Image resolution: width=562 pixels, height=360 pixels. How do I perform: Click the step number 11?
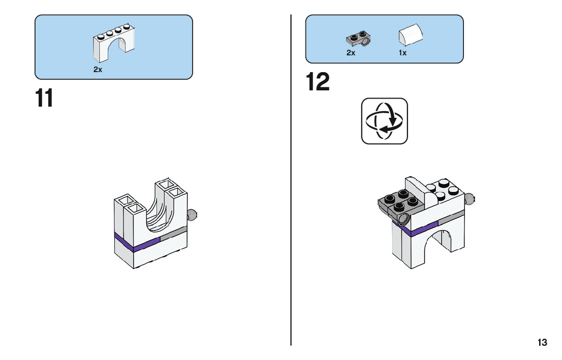point(44,98)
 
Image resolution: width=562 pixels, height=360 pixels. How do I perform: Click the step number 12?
point(318,82)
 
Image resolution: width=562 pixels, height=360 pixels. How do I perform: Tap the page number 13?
point(542,342)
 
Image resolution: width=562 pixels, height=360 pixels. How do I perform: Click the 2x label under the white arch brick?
point(98,70)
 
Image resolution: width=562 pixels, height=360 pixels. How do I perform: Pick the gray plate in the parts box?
point(358,39)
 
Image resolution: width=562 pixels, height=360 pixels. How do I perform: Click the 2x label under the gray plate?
point(351,53)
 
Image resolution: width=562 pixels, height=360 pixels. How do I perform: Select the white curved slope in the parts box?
point(411,35)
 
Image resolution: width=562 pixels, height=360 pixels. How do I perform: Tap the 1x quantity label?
point(402,53)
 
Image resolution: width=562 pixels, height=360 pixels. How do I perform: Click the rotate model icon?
point(384,121)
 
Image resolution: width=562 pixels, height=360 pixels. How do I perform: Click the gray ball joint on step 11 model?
point(192,215)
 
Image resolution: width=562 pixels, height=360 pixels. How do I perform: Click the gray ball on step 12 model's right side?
point(469,199)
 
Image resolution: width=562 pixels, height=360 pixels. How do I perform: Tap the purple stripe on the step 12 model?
point(416,228)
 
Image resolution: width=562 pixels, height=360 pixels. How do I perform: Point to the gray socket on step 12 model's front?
point(404,218)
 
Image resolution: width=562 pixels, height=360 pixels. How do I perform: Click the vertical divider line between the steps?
point(291,180)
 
